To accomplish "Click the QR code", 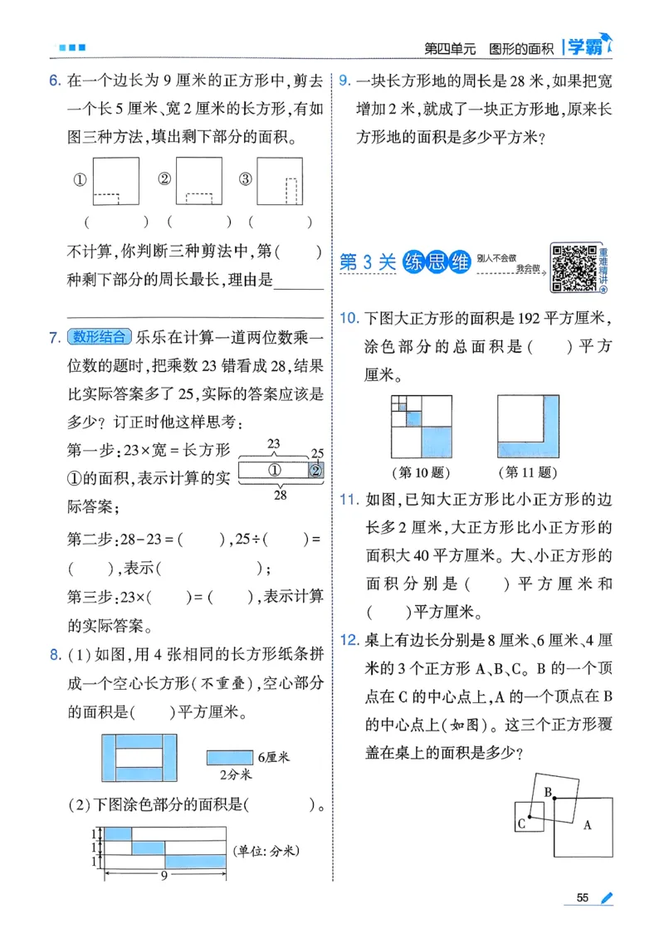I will (574, 268).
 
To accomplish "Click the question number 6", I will (54, 81).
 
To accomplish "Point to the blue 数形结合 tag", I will (100, 336).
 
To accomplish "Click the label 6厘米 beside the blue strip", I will (274, 757).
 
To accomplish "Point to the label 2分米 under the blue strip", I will (236, 775).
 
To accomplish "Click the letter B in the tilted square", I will (547, 792).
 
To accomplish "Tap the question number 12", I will (349, 640).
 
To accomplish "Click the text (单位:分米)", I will (266, 850).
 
